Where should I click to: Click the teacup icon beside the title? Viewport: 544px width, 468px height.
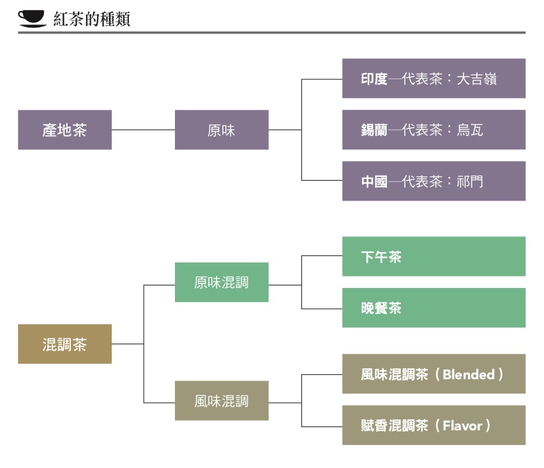(x=32, y=19)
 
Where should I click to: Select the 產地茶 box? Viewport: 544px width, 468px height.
(x=64, y=130)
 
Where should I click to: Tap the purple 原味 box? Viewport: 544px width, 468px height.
(x=222, y=130)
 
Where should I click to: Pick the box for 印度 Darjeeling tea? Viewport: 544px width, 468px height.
(x=434, y=79)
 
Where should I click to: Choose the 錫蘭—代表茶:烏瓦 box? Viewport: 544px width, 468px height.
(x=434, y=130)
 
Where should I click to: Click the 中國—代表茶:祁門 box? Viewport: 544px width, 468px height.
(x=434, y=181)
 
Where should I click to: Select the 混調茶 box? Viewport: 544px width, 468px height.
(x=64, y=344)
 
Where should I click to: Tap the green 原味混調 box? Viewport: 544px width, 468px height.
(x=222, y=282)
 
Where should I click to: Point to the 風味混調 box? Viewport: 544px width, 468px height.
(x=222, y=401)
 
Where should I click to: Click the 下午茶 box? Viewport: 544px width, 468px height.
(x=434, y=257)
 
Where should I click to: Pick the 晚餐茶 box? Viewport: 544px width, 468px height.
(x=434, y=308)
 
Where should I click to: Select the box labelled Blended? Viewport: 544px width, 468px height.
(x=434, y=374)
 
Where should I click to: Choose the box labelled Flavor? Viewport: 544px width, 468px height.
(x=434, y=425)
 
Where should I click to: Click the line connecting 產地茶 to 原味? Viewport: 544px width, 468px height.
(x=143, y=130)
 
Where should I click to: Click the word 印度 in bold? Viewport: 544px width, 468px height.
(x=374, y=79)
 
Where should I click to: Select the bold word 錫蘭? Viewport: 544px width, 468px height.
(x=374, y=130)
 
